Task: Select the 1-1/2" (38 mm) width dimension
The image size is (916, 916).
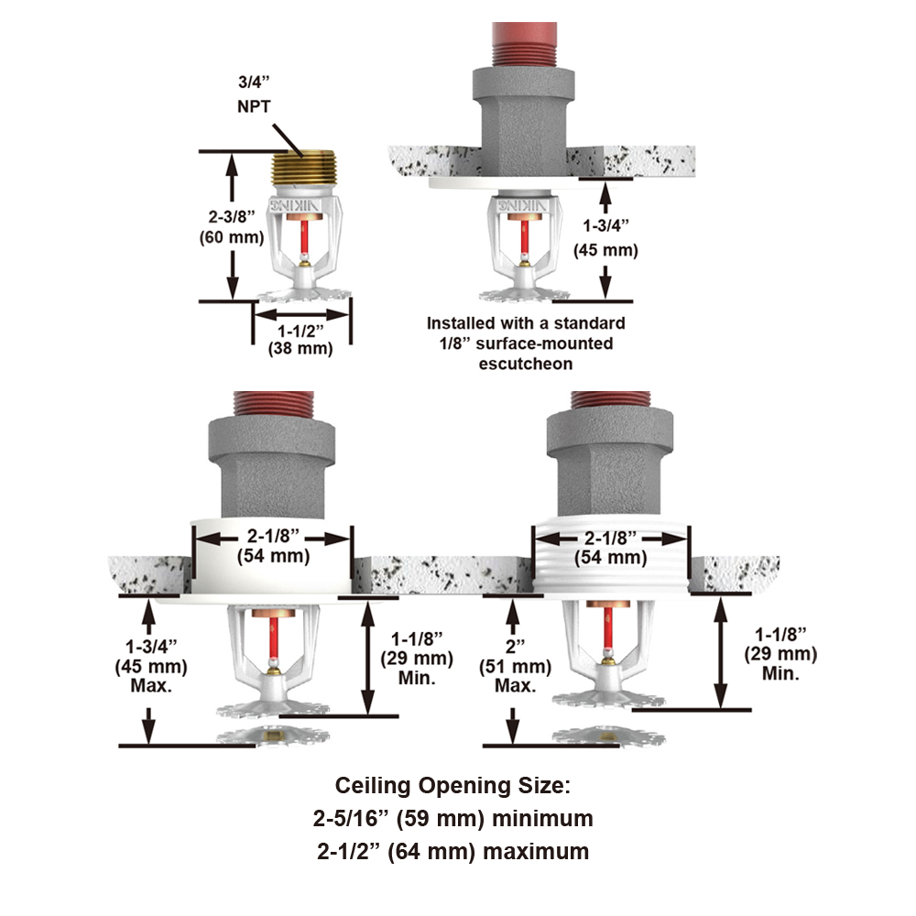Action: point(300,340)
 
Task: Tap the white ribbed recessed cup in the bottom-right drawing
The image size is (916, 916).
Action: point(610,577)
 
